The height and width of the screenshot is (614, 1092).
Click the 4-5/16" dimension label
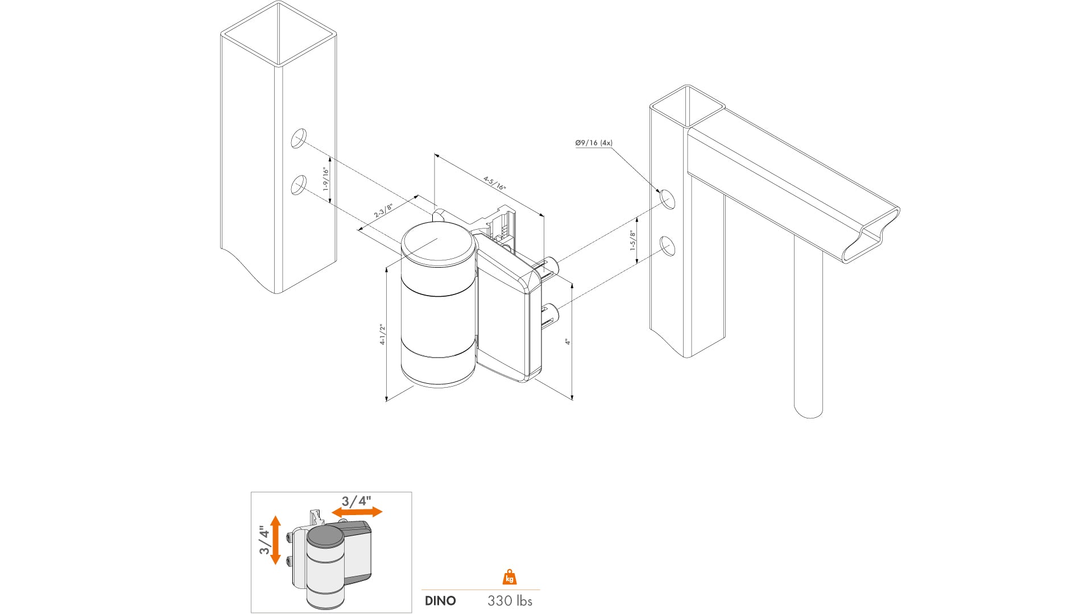point(494,183)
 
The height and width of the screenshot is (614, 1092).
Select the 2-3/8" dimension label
point(383,210)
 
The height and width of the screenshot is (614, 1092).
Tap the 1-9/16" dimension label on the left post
point(326,179)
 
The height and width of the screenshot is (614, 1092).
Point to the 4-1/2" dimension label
point(383,334)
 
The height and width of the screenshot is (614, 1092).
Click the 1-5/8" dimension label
point(632,240)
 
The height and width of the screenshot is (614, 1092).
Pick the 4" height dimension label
point(567,341)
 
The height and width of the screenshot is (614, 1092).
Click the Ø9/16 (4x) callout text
point(593,143)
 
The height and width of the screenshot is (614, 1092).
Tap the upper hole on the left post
point(299,138)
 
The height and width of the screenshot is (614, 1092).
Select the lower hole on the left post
point(299,185)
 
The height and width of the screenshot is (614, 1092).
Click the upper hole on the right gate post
point(667,199)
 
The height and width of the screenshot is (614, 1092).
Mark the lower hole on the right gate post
point(667,246)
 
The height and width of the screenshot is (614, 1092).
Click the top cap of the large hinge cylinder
point(438,243)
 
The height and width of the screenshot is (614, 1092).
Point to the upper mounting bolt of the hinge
point(551,265)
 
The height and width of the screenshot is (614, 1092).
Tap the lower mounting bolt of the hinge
point(551,312)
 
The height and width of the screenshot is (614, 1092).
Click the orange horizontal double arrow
point(357,512)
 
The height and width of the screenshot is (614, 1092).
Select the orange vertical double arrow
point(276,540)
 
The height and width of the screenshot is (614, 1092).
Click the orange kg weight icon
point(510,578)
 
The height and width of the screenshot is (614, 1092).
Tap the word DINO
point(440,601)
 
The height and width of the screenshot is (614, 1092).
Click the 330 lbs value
point(510,601)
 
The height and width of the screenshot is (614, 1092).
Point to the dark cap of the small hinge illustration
point(325,536)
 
